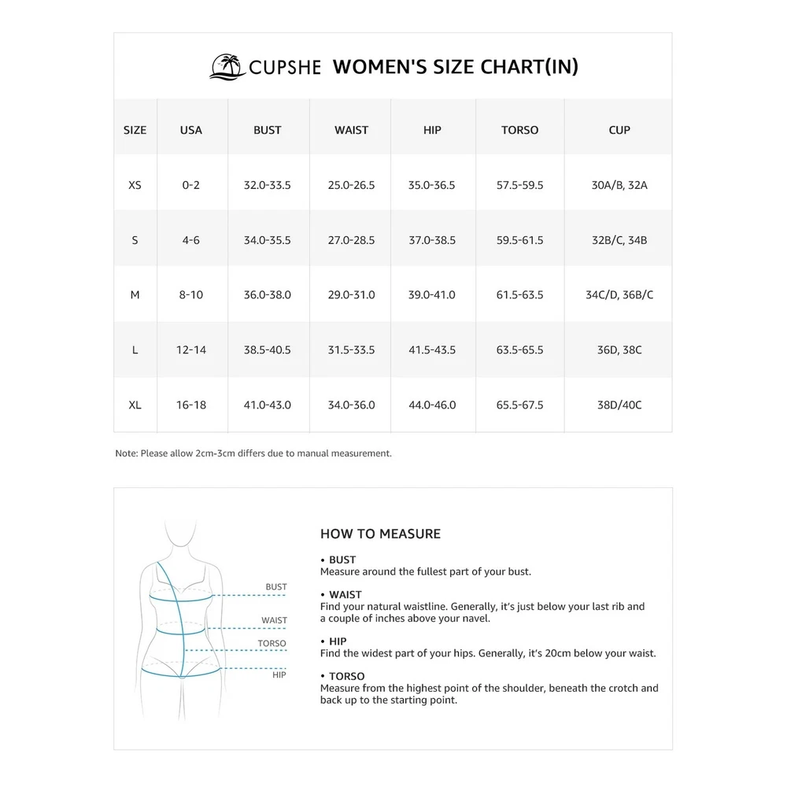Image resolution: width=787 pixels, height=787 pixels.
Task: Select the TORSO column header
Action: point(519,130)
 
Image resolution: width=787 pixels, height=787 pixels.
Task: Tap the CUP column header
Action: point(619,130)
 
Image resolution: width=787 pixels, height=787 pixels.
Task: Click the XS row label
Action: point(135,185)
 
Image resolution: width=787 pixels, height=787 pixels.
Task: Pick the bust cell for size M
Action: point(268,295)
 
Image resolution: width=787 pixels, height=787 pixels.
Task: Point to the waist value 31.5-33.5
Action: point(351,349)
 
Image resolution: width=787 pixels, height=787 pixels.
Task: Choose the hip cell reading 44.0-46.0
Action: point(432,405)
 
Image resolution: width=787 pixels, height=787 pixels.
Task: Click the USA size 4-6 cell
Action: point(191,240)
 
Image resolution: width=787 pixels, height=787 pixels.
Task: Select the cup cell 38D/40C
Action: point(619,405)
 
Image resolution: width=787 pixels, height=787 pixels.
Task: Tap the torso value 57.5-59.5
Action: point(519,185)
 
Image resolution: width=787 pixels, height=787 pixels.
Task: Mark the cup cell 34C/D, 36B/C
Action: point(619,295)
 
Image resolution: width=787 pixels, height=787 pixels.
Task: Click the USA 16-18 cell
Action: point(191,405)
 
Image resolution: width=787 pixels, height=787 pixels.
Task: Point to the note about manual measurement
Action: point(253,453)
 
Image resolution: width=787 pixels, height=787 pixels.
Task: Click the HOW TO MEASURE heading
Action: point(380,534)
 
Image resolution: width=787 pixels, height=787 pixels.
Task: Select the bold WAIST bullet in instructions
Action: point(345,595)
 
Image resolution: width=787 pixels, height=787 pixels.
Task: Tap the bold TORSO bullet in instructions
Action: point(346,676)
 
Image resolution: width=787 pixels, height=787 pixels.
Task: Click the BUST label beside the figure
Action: point(276,587)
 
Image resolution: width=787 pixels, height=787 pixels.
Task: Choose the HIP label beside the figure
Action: point(279,674)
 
